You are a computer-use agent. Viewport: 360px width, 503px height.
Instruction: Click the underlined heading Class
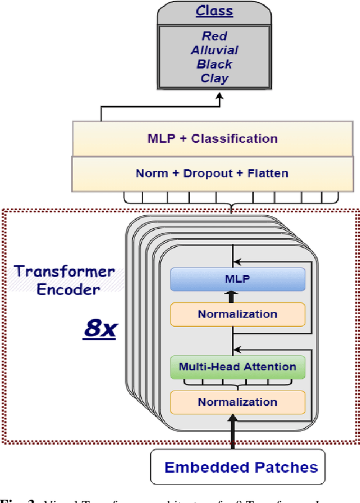coord(214,11)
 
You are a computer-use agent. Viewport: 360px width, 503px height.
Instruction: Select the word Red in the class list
coord(214,36)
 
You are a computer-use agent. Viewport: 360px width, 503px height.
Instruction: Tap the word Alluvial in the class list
coord(214,50)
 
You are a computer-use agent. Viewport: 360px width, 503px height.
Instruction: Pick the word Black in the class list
coord(214,64)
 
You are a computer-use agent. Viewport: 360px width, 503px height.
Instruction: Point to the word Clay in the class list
coord(214,78)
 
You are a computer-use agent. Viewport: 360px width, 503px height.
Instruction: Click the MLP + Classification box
coord(212,138)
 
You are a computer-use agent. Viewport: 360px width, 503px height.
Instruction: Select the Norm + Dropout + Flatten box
coord(212,173)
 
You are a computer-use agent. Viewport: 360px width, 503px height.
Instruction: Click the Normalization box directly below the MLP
coord(237,314)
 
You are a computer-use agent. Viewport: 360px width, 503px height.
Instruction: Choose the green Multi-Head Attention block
coord(237,367)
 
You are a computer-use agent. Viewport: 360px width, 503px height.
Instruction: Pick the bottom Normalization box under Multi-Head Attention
coord(237,402)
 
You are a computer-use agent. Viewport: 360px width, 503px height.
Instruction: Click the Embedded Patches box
coord(241,467)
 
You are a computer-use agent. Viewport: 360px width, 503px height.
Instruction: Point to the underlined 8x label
coord(100,328)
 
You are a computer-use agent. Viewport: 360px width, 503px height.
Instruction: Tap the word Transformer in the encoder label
coord(65,272)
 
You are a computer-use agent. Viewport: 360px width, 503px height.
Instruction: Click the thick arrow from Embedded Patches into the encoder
coord(232,433)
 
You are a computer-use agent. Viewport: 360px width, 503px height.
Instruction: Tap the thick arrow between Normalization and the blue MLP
coord(232,296)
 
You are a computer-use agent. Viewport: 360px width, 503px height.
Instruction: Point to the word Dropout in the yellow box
coord(205,173)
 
